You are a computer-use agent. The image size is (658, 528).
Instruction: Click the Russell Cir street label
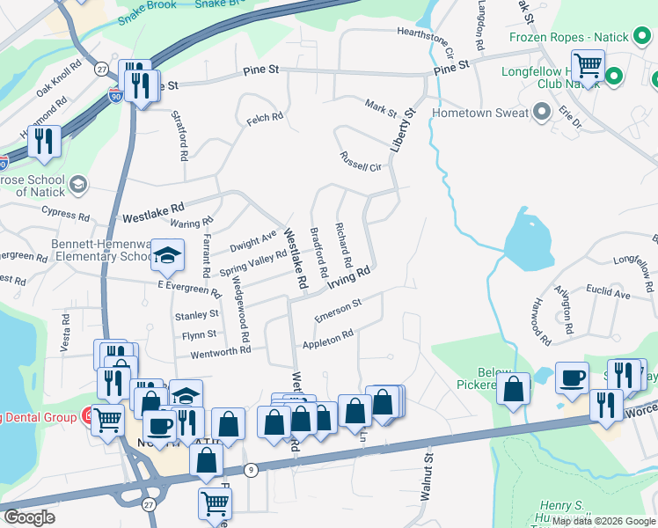362,162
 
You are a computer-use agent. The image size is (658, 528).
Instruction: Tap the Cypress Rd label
65,215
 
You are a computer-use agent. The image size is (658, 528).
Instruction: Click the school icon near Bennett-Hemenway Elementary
167,256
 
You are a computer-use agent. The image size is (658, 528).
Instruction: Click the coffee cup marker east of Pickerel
572,378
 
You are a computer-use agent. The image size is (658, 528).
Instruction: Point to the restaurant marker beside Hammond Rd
42,142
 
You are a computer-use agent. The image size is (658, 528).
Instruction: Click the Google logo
29,517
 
